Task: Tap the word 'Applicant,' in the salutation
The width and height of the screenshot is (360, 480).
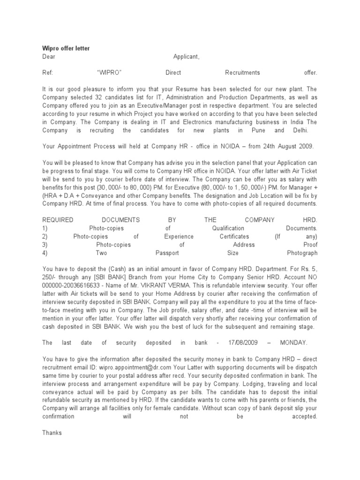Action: (186, 57)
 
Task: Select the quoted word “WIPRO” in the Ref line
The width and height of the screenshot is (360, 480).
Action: (109, 73)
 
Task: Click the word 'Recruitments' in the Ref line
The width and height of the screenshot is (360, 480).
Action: (242, 73)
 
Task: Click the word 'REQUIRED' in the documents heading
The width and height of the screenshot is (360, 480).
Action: (58, 219)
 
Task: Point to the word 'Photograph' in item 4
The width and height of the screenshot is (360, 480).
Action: (302, 253)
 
